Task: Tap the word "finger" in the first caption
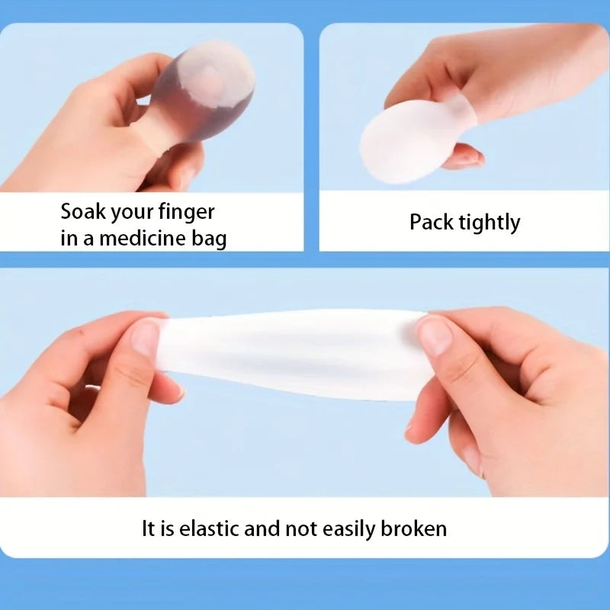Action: [x=186, y=212]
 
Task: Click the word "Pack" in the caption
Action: [x=429, y=223]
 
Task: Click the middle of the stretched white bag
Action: [x=294, y=355]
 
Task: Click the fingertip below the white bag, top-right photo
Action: [x=467, y=159]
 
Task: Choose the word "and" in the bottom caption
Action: [x=262, y=528]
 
